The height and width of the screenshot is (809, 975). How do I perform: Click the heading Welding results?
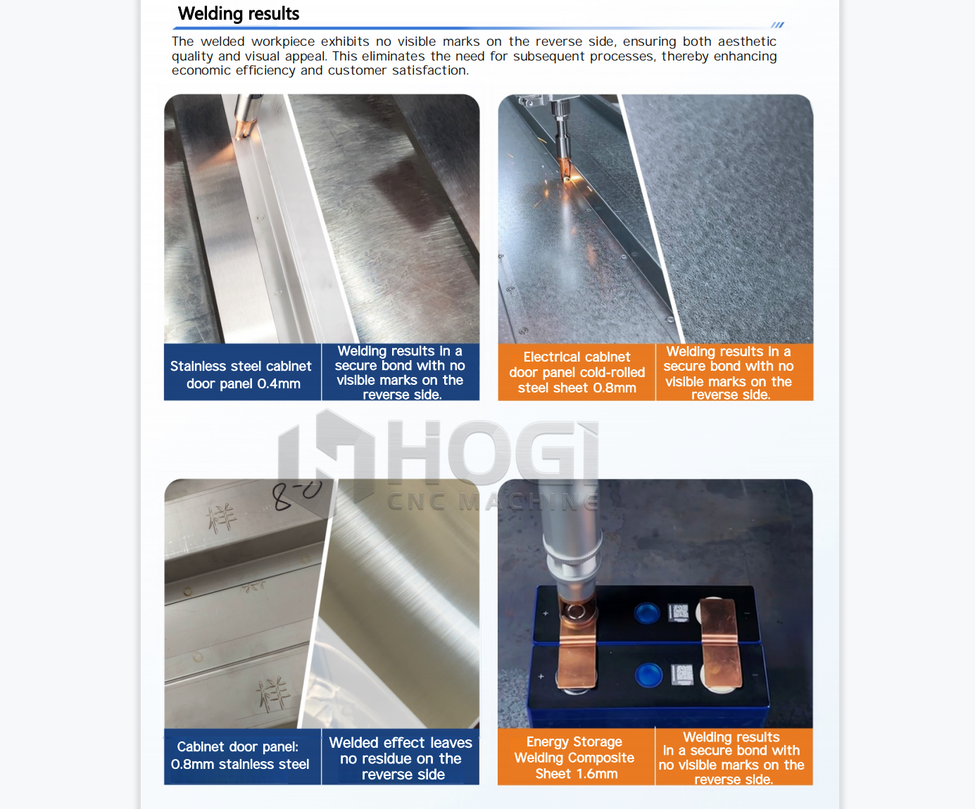(x=238, y=14)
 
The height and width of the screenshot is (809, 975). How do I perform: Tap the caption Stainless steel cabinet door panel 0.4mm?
(x=241, y=374)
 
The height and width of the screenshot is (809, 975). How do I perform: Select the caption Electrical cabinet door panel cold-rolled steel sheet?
(x=577, y=372)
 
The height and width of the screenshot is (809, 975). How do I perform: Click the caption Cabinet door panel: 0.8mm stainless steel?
(x=240, y=756)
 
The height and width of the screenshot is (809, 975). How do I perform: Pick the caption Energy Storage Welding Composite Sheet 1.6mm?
(x=574, y=758)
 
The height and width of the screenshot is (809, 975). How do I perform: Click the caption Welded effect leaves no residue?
(x=401, y=758)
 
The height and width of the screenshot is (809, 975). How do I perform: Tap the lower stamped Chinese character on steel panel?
(x=273, y=694)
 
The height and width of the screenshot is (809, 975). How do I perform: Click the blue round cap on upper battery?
(x=646, y=613)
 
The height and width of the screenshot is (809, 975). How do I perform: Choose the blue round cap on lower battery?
(x=648, y=675)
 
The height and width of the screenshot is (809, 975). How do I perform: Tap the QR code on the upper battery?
(x=679, y=613)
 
